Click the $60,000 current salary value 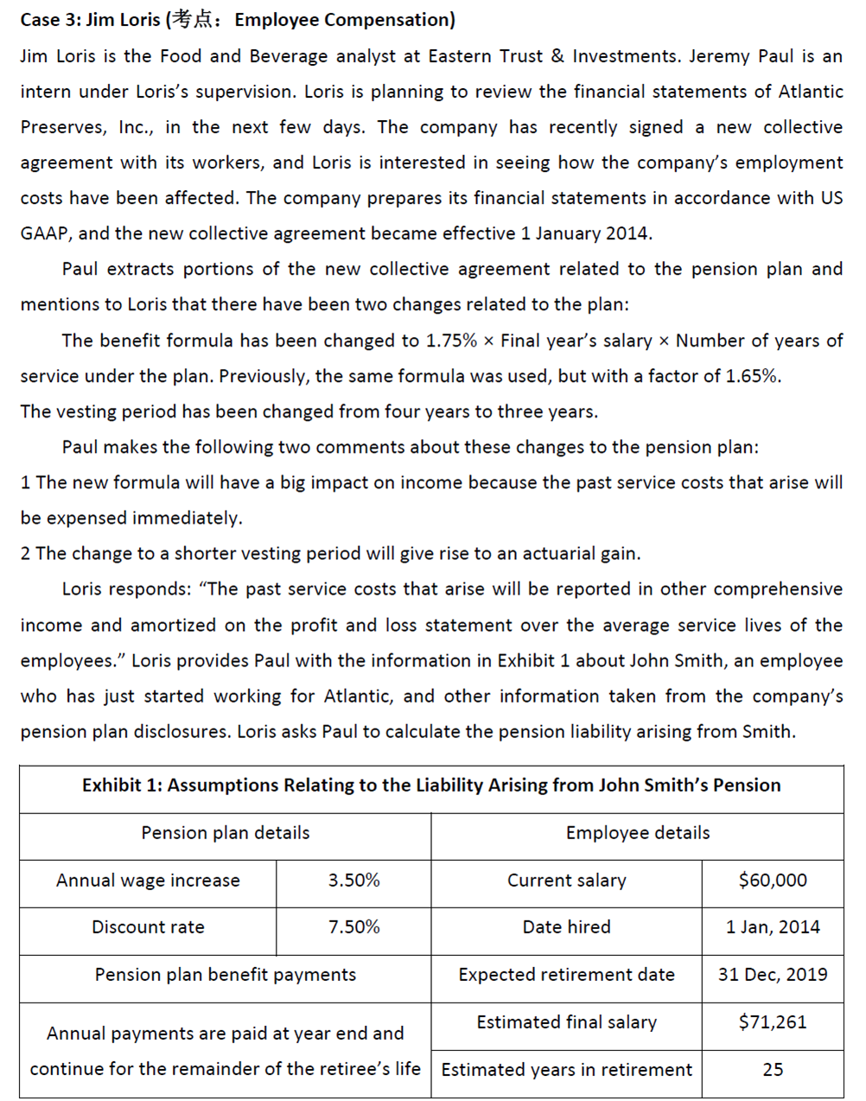773,881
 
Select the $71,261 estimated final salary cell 773,1022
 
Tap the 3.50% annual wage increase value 353,881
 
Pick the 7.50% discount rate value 353,927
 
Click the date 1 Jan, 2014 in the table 773,927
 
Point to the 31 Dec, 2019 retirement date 773,975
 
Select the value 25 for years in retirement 773,1070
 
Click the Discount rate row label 148,927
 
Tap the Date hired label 566,927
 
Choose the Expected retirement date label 566,975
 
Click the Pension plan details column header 225,833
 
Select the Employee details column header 638,833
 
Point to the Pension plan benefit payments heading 225,975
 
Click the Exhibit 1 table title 431,786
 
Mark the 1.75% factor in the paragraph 451,340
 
